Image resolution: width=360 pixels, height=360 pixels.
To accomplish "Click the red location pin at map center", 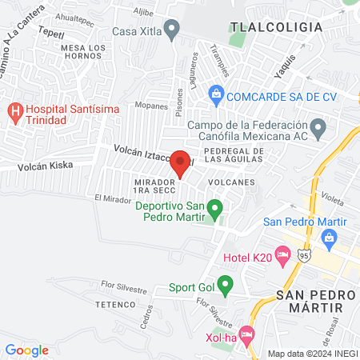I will click(x=180, y=163).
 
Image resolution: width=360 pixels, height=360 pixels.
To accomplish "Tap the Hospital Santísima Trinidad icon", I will click(x=14, y=110).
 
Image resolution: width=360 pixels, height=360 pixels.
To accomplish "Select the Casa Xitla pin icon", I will click(x=170, y=30).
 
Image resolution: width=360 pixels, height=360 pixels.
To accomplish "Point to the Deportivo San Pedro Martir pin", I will click(x=214, y=210).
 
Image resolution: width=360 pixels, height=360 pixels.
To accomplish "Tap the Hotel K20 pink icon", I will click(x=282, y=255).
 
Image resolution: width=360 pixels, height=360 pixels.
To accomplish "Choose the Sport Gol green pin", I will click(x=226, y=284).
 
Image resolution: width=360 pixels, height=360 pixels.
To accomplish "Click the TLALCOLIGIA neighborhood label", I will click(x=276, y=27).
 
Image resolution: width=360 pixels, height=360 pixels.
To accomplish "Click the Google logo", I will click(x=27, y=350).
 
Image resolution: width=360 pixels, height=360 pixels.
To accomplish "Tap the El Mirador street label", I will click(x=110, y=198).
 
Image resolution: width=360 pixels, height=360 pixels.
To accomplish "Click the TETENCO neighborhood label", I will click(x=114, y=305).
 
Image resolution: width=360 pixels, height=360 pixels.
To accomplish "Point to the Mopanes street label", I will click(x=129, y=105).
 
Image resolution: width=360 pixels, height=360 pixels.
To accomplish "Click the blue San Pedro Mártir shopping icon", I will click(x=329, y=237).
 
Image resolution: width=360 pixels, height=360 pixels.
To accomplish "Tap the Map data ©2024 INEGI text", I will click(x=313, y=354).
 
